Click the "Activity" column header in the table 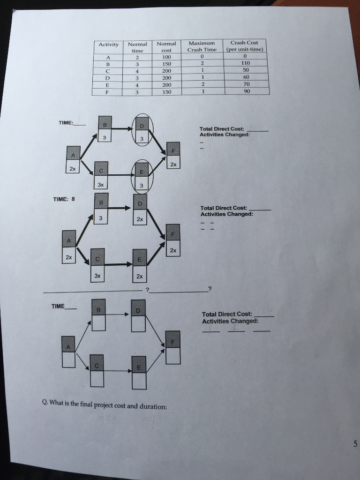pyautogui.click(x=108, y=45)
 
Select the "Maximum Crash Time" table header pyautogui.click(x=202, y=46)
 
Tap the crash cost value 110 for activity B pyautogui.click(x=246, y=62)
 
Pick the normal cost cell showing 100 pyautogui.click(x=166, y=56)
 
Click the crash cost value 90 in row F pyautogui.click(x=247, y=91)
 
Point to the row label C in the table pyautogui.click(x=108, y=71)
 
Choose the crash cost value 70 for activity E pyautogui.click(x=247, y=84)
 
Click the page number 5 pyautogui.click(x=355, y=444)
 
